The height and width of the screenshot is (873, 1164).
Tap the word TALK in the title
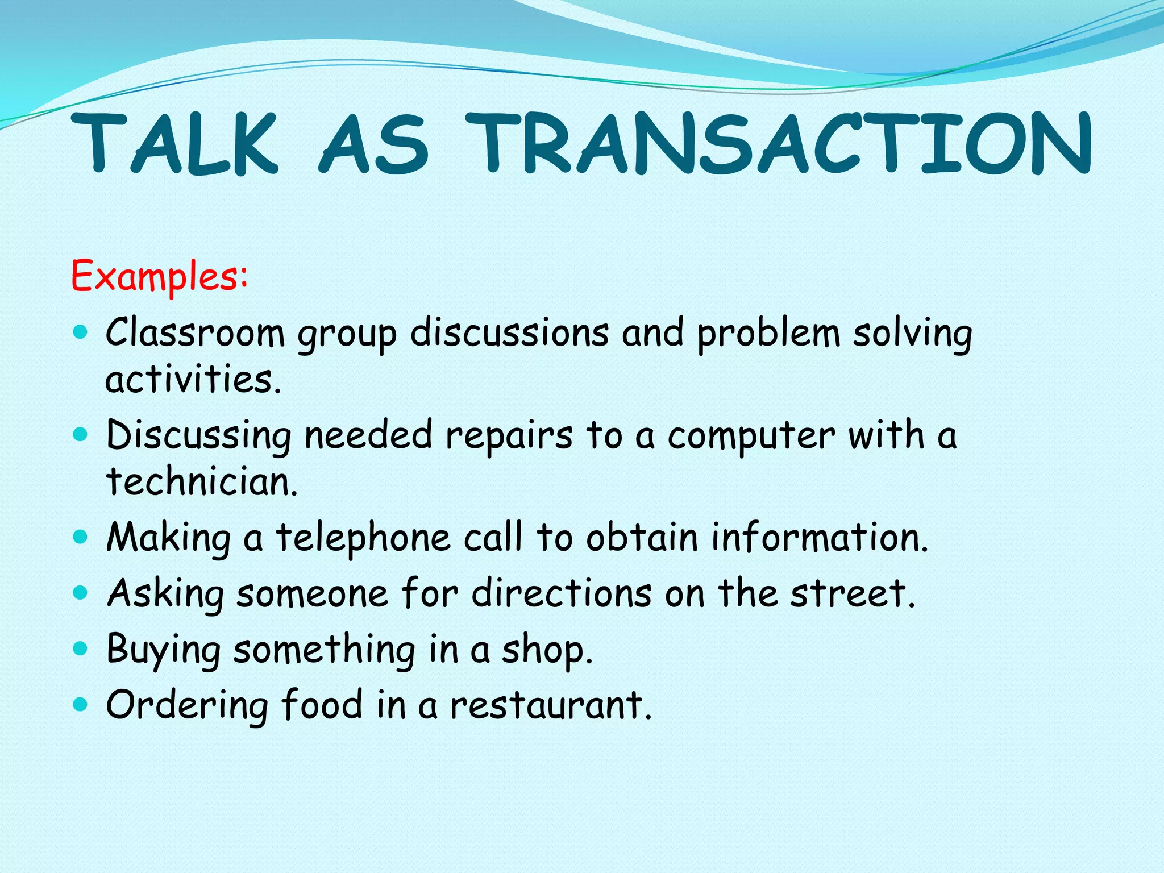(x=176, y=143)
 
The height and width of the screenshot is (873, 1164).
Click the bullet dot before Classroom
(x=81, y=332)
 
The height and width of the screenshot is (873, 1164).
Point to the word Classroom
(x=195, y=333)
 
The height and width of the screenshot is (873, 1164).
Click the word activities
(x=193, y=380)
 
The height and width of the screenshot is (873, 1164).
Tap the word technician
(x=202, y=482)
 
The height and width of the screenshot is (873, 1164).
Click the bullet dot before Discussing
(x=81, y=435)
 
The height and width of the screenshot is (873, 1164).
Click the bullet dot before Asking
(x=81, y=593)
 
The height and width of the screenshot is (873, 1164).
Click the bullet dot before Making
(x=81, y=537)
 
